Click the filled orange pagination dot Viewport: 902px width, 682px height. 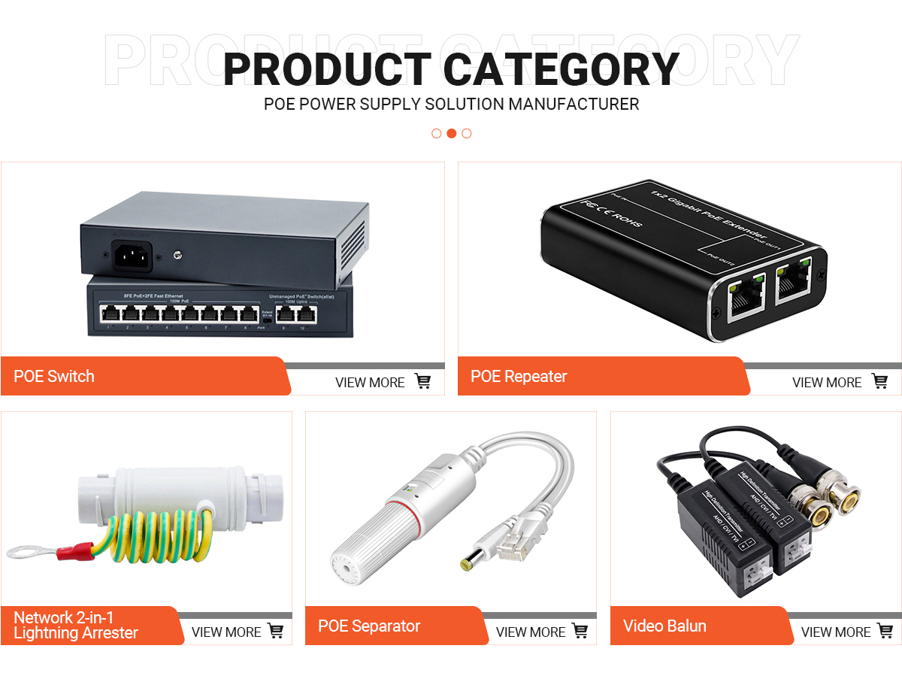pos(451,133)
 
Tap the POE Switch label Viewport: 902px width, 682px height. pos(54,376)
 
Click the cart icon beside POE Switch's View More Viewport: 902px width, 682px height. pos(423,382)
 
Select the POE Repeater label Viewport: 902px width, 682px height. pos(519,376)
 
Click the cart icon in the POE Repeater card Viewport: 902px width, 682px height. pos(879,382)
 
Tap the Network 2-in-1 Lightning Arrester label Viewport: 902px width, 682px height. pos(75,626)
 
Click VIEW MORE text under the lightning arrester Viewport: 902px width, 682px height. pos(226,632)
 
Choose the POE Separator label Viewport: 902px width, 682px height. pos(369,626)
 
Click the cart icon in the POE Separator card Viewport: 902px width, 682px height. pos(580,632)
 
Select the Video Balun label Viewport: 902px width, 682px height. pos(664,626)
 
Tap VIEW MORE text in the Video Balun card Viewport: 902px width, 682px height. pos(836,632)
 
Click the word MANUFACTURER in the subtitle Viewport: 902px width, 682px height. pos(574,104)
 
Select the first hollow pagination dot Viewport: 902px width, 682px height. pos(436,133)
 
